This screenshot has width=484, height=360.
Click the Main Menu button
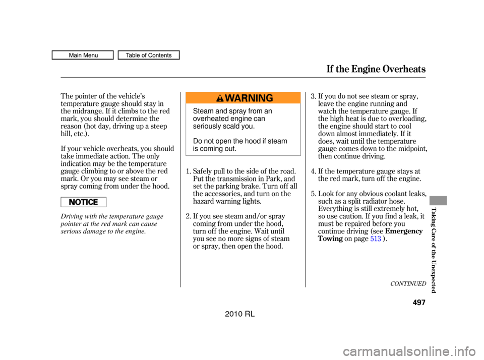(x=83, y=55)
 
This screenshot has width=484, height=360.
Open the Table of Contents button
(x=149, y=55)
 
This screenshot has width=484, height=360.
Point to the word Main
(x=76, y=55)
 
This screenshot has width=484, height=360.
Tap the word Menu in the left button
(x=90, y=55)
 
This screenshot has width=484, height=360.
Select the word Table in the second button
(x=133, y=55)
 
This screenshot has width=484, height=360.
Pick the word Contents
(x=160, y=55)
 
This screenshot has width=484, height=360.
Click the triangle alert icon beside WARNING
(x=220, y=98)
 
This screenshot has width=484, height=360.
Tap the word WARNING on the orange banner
(x=249, y=98)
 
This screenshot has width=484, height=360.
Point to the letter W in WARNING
(x=230, y=98)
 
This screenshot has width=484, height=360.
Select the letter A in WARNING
(x=237, y=98)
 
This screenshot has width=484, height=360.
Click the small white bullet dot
(x=78, y=202)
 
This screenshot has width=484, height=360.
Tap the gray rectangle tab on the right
(x=438, y=201)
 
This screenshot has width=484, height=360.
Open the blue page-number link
(x=376, y=238)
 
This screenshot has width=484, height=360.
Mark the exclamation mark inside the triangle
(x=220, y=99)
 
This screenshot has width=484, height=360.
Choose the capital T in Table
(x=128, y=55)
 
